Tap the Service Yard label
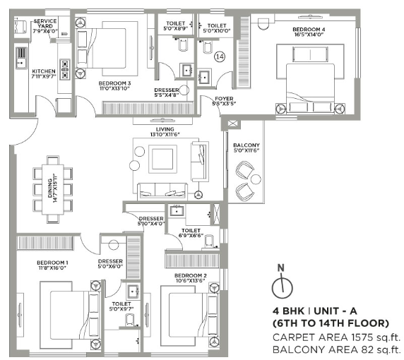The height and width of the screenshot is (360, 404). pos(45,26)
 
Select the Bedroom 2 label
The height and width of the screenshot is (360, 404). pos(189,278)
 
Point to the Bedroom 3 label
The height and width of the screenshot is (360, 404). pos(115,85)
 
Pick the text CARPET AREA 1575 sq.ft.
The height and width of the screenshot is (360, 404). pos(336,337)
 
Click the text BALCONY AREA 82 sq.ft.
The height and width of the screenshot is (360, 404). pos(336,349)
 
